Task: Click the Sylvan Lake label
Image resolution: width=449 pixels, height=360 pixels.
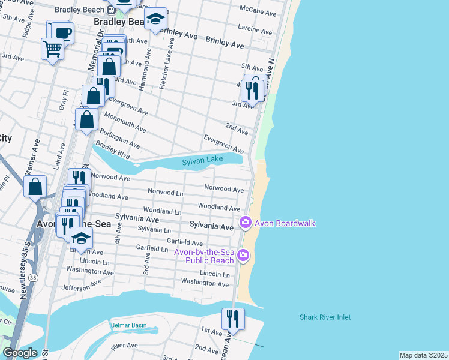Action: coord(202,160)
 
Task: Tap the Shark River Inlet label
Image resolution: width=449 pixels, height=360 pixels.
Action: coord(325,317)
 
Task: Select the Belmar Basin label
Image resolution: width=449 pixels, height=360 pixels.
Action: coord(128,325)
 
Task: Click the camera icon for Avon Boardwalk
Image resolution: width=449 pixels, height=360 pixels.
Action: coord(245,223)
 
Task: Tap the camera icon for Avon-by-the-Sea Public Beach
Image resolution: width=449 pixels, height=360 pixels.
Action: coord(243,256)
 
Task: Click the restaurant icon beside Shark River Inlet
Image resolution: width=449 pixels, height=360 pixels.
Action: coord(233,318)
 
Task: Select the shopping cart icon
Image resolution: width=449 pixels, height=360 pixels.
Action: coord(52,49)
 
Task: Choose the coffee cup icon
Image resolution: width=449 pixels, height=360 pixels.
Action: coord(62,32)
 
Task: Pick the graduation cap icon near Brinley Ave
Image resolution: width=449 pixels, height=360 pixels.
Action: coord(155,20)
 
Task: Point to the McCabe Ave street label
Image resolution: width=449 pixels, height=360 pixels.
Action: coord(258,13)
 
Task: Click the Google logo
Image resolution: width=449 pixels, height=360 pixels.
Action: coord(20,353)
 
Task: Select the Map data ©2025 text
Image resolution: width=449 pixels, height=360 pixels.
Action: coord(423,355)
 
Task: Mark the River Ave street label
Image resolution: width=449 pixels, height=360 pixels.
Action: coord(124,346)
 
